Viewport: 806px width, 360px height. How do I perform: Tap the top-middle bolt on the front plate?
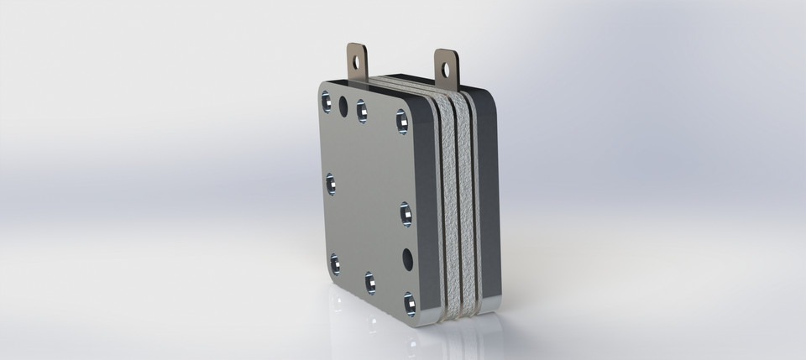(x=362, y=110)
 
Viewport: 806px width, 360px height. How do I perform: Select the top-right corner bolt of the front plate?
(x=400, y=123)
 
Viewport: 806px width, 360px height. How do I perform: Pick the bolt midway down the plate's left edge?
(x=330, y=182)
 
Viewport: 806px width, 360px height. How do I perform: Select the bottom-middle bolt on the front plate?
(x=370, y=282)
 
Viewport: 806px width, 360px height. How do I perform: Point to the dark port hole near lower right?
(x=406, y=256)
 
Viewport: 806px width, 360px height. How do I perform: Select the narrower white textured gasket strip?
(x=468, y=201)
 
